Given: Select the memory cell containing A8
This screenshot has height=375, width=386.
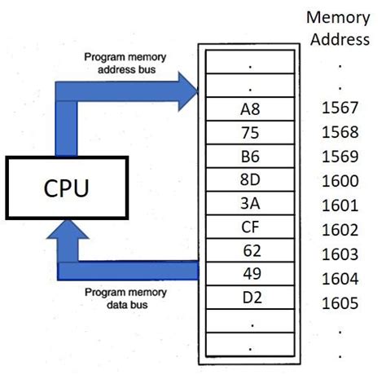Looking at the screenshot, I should tap(251, 108).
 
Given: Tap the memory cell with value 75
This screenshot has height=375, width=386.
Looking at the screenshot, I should tap(251, 131).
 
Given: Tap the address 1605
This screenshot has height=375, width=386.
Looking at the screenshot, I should tap(340, 302).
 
